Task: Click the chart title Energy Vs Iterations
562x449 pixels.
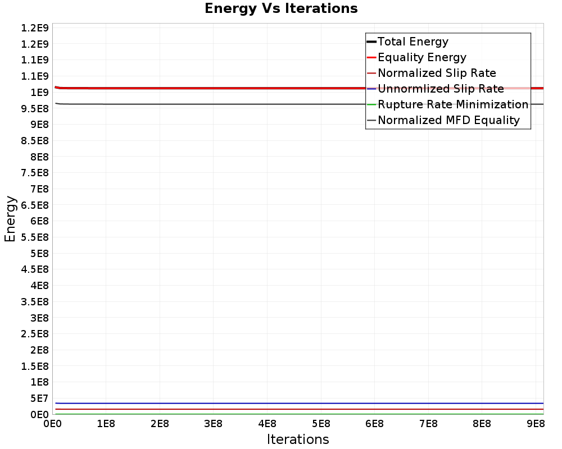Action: [281, 8]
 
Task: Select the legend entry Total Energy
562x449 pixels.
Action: [413, 42]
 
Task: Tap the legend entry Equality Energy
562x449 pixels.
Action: [422, 57]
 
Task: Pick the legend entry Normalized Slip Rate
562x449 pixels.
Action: [437, 73]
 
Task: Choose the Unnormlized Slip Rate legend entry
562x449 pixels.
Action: [441, 89]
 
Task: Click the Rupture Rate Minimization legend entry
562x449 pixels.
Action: [453, 104]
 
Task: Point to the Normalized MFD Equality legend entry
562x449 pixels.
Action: [448, 120]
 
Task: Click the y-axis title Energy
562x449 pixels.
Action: [10, 218]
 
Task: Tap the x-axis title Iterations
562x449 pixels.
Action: [298, 439]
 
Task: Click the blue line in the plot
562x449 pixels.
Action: [281, 403]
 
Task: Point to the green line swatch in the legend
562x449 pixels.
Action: [371, 104]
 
